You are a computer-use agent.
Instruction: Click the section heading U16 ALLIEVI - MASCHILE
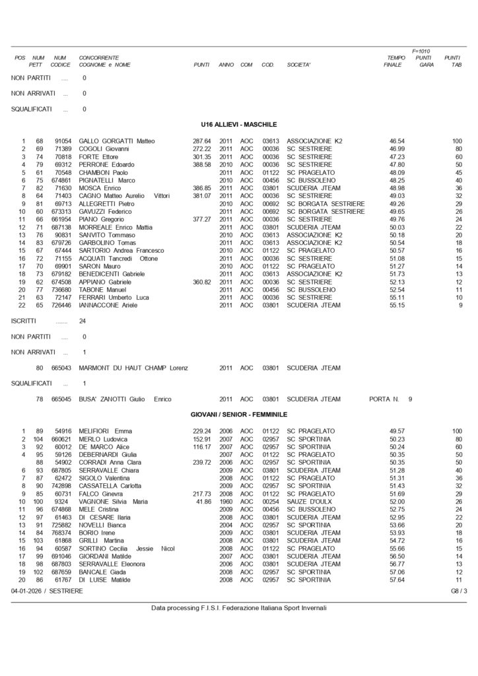point(239,124)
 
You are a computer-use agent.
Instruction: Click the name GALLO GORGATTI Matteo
point(116,141)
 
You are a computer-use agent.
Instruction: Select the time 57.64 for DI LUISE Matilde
point(397,580)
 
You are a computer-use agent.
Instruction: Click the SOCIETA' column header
point(299,65)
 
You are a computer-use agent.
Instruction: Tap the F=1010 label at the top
point(421,50)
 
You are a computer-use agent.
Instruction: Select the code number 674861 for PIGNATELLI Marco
point(60,180)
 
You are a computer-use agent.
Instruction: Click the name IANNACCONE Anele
point(109,306)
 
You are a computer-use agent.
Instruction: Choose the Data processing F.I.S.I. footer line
point(239,608)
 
